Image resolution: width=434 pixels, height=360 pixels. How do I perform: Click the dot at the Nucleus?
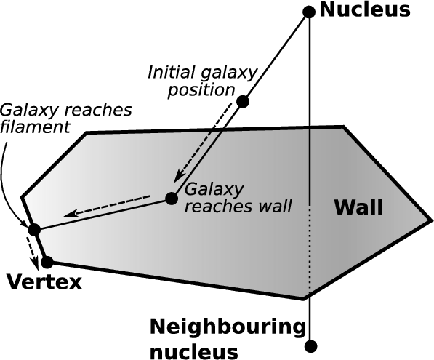309,12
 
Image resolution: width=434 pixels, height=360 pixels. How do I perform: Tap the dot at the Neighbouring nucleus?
310,346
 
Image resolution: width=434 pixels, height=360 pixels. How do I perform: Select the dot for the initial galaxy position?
243,101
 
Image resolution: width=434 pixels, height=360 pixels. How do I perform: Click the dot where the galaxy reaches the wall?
172,199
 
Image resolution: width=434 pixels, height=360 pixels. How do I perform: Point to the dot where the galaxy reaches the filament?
34,230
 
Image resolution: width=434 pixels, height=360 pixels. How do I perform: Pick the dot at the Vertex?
47,262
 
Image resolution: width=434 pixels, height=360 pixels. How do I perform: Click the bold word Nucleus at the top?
365,10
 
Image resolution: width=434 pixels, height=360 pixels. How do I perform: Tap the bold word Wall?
358,207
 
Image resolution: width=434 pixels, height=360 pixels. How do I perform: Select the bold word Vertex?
44,282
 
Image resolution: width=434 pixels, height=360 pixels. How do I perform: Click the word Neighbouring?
228,327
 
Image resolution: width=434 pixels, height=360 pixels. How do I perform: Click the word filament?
35,127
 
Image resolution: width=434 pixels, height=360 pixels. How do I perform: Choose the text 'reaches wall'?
238,207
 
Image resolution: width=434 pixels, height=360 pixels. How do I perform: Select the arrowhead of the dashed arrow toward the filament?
70,214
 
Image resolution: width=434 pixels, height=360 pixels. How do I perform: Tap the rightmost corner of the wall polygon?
431,220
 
